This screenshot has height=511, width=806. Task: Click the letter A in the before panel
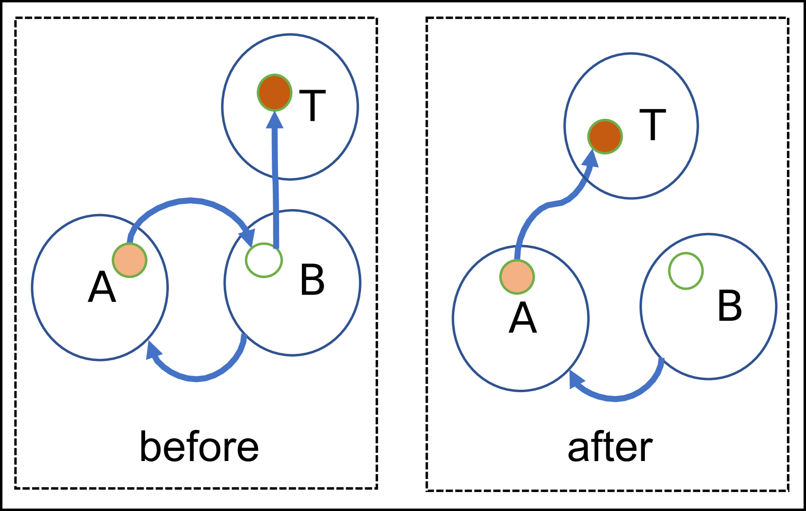(x=102, y=287)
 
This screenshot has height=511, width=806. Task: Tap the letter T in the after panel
(x=653, y=125)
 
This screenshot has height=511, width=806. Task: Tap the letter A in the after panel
(x=523, y=318)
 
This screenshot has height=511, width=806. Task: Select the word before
(x=199, y=447)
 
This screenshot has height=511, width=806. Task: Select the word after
(x=609, y=448)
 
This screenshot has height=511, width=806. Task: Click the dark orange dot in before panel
(x=275, y=92)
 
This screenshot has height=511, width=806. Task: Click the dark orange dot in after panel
(x=605, y=137)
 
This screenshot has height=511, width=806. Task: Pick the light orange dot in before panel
(x=130, y=261)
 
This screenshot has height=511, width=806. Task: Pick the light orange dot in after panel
(x=517, y=277)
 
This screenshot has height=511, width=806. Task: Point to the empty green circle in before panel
(x=263, y=260)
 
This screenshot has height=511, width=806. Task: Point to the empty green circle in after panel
(x=686, y=271)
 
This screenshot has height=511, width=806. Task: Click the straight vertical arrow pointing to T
(x=276, y=184)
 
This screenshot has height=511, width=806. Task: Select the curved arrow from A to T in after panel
(x=548, y=206)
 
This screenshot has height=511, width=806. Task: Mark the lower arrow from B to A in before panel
(x=197, y=378)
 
